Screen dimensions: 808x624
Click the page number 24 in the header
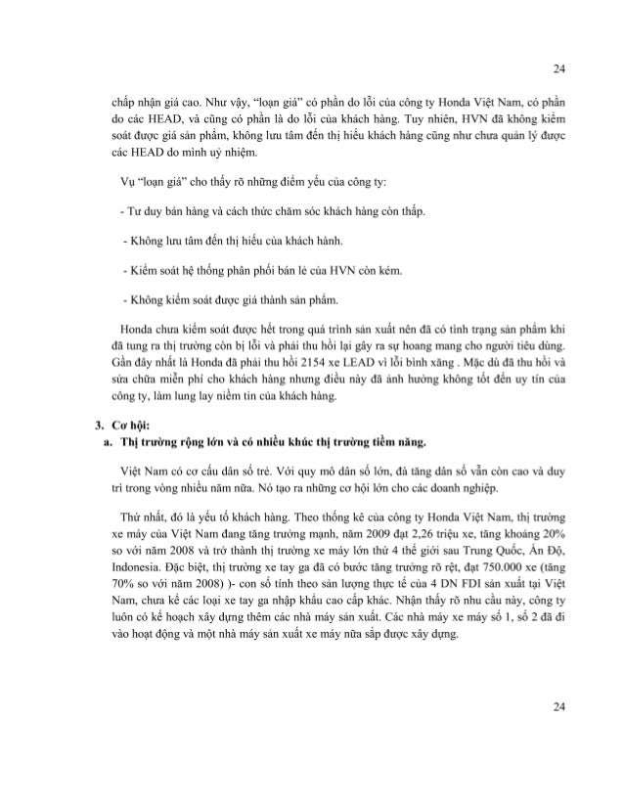558,69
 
